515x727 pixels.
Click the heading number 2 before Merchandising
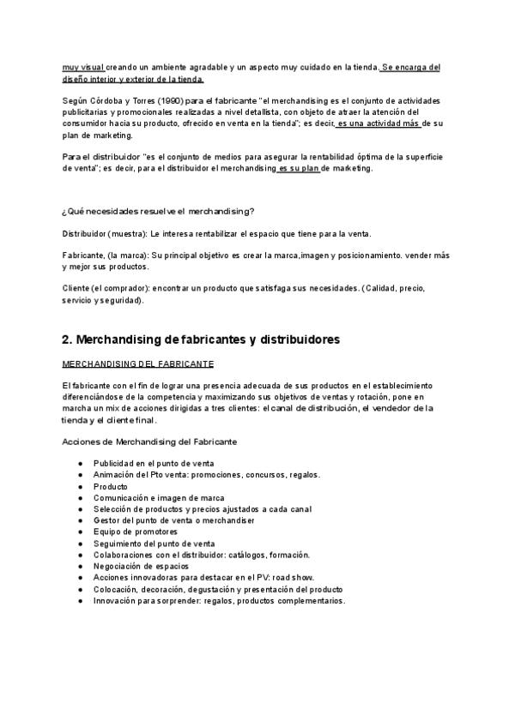pyautogui.click(x=69, y=340)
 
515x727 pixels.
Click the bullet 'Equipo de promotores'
pyautogui.click(x=136, y=532)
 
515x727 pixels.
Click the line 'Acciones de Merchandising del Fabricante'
pyautogui.click(x=150, y=441)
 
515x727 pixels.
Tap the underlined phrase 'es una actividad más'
pyautogui.click(x=378, y=123)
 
